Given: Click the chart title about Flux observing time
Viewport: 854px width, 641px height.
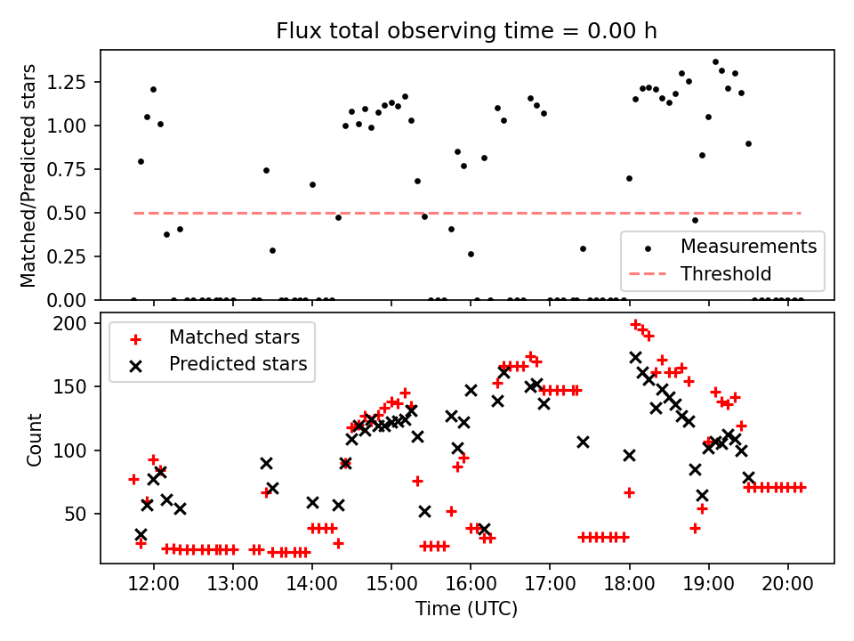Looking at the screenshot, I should tap(467, 31).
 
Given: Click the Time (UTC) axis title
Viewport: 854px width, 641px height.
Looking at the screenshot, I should tap(467, 609).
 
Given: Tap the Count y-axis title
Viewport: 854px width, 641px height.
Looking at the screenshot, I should tap(35, 439).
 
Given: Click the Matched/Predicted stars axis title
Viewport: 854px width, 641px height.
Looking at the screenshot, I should tap(28, 175).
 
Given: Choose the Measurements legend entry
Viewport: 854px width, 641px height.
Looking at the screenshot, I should tap(748, 246).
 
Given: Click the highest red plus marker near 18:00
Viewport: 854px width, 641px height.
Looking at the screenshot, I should tap(635, 324).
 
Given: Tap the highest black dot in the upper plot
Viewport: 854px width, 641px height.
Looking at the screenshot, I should tap(715, 62).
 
